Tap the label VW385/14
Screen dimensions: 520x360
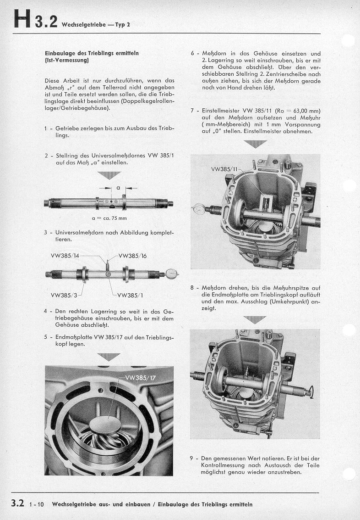click(65, 256)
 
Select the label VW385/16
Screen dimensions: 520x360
click(132, 256)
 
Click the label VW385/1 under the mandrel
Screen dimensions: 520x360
click(131, 295)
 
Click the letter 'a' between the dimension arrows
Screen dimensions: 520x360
click(118, 187)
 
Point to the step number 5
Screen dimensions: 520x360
click(46, 336)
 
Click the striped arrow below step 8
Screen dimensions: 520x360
click(255, 319)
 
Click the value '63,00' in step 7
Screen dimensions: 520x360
click(302, 111)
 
